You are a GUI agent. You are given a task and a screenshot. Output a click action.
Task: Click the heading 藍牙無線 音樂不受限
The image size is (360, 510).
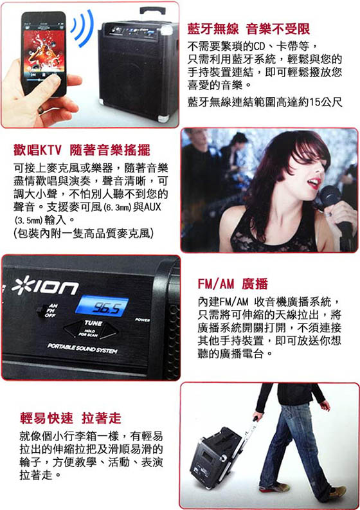[248, 29]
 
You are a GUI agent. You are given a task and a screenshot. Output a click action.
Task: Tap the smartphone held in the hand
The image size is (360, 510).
[43, 53]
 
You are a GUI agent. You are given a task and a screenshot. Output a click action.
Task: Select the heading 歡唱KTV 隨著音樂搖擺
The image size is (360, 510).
[82, 150]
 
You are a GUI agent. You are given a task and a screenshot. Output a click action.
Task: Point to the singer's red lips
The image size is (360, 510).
[314, 183]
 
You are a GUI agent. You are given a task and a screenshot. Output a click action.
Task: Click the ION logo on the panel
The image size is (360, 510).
[45, 286]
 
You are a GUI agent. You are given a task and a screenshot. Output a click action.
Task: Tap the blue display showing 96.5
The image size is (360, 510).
[102, 305]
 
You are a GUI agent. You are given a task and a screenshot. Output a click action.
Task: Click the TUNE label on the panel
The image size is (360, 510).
[93, 323]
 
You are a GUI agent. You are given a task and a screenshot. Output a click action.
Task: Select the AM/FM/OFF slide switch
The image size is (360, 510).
[41, 310]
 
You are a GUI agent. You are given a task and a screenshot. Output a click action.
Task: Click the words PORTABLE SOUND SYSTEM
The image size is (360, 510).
[82, 348]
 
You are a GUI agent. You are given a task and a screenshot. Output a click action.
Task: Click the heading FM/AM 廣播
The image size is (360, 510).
[233, 284]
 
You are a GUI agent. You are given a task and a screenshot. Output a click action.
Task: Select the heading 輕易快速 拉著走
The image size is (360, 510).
[71, 418]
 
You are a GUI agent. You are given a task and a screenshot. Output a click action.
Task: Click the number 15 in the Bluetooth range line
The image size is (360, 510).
[314, 102]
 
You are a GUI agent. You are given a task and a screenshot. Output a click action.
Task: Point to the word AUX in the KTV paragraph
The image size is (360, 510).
[152, 207]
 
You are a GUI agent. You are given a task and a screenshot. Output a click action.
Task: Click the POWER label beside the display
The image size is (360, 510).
[143, 320]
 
